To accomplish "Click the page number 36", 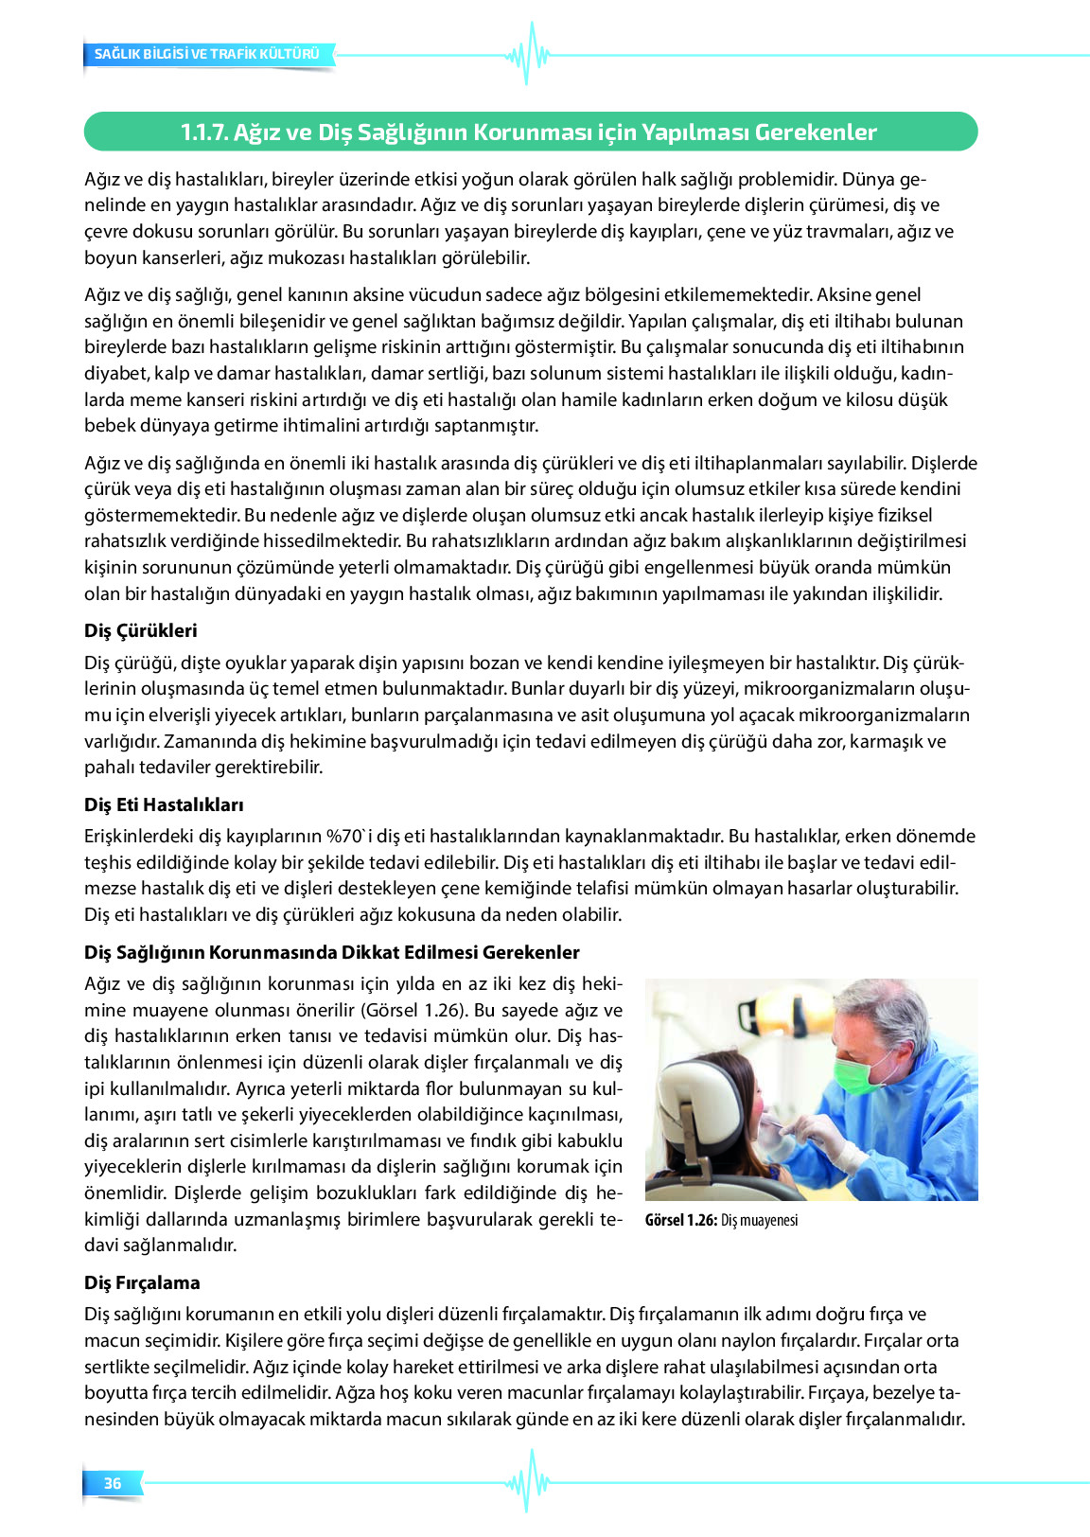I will click(113, 1483).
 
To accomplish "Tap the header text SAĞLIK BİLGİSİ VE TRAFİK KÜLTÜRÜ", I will click(207, 54).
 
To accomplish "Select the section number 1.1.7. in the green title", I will click(203, 132).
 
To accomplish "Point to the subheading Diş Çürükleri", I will click(141, 630).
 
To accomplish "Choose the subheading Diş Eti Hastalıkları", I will click(164, 804).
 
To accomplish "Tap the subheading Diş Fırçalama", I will click(142, 1282).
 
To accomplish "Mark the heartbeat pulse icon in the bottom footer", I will click(527, 1482).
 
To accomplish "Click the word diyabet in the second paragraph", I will click(113, 373).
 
